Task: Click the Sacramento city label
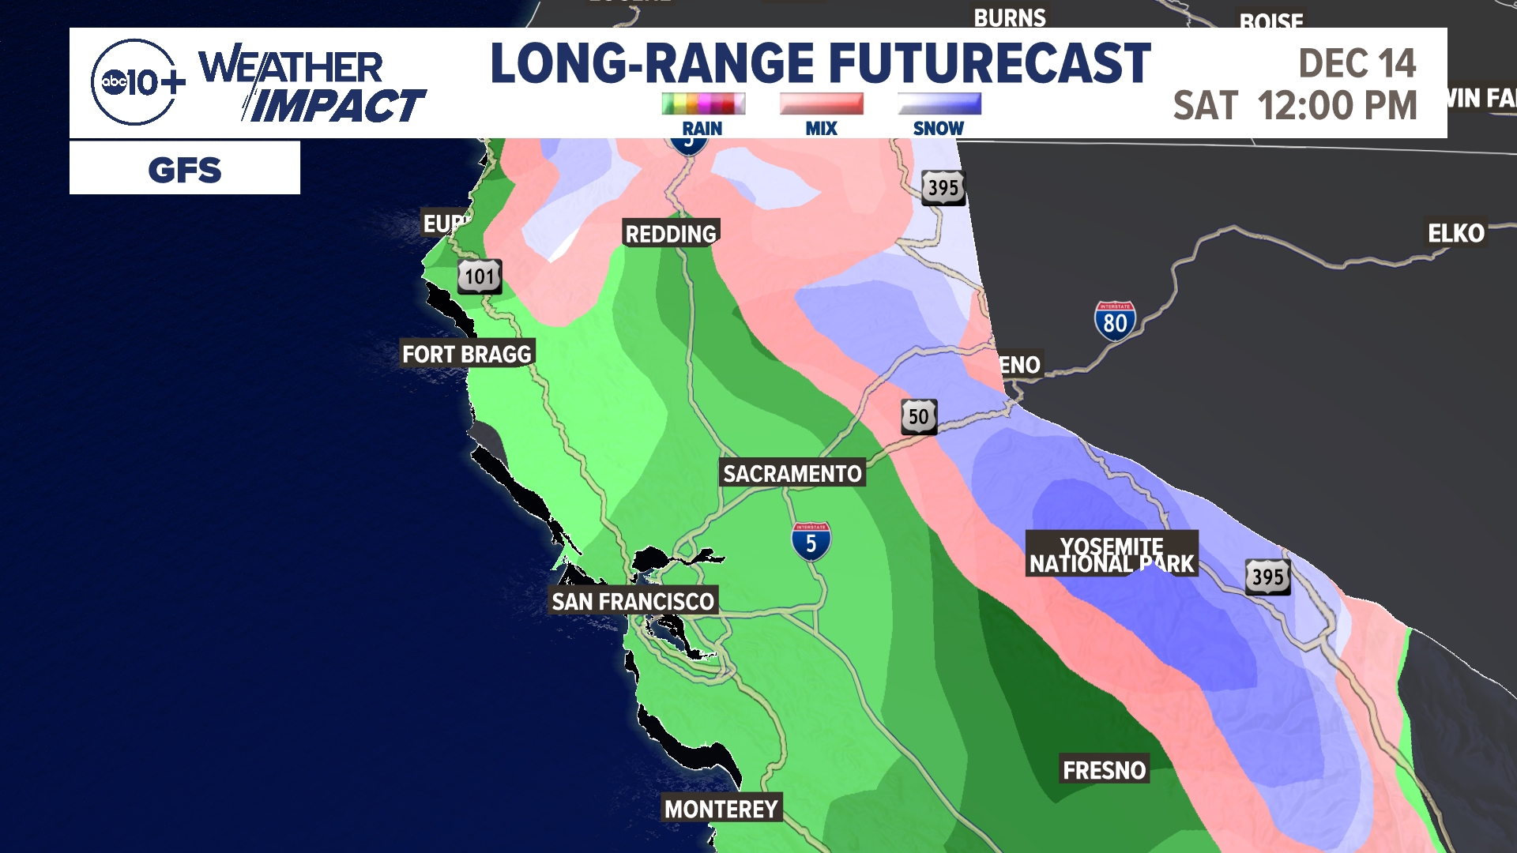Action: click(792, 473)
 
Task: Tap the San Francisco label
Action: click(633, 601)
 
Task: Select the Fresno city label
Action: click(1104, 770)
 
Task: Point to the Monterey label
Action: click(721, 809)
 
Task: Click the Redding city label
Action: click(671, 234)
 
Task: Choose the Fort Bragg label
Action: click(467, 354)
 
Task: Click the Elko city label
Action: click(1455, 233)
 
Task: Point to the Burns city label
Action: click(1009, 17)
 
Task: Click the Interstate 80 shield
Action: click(1115, 321)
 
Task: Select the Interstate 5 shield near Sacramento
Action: click(811, 542)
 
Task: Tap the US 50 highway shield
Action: click(919, 416)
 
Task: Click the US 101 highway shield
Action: click(480, 276)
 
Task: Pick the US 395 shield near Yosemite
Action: click(1268, 577)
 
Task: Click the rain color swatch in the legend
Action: click(702, 103)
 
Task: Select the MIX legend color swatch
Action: click(821, 103)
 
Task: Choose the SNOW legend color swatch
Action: click(939, 103)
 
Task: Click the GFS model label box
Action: click(185, 168)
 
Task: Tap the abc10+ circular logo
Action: click(134, 82)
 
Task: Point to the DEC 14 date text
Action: click(1357, 63)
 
